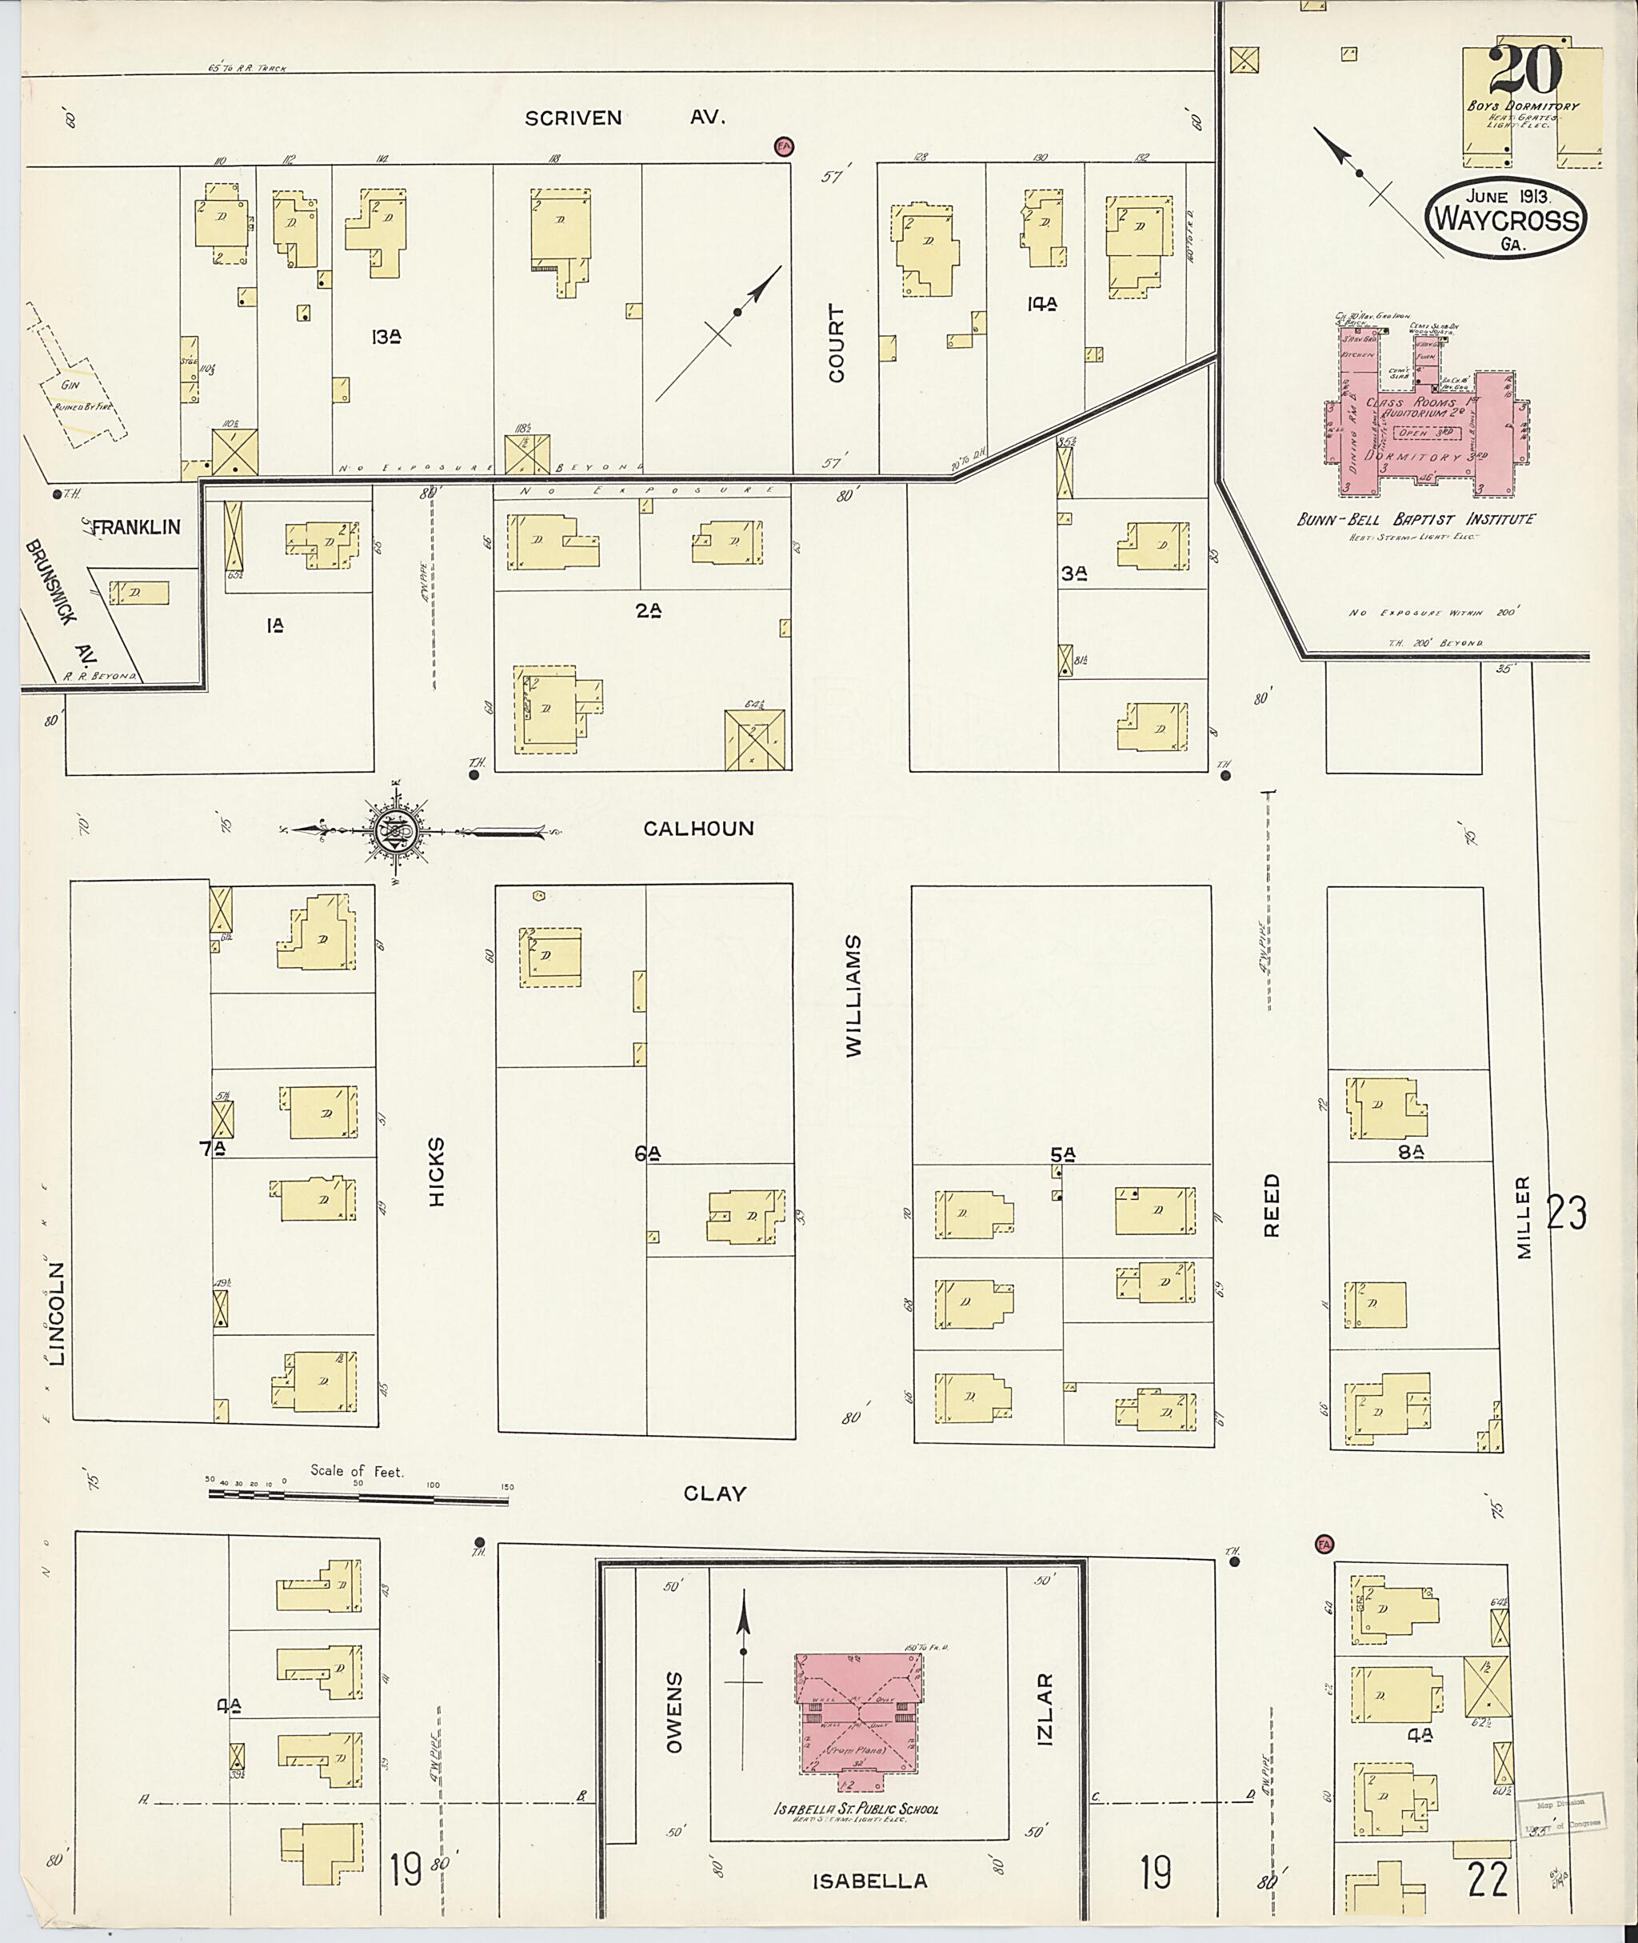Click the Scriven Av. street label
coord(624,118)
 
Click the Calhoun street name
coord(698,829)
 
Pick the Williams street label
coord(853,995)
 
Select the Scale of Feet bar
coord(360,1495)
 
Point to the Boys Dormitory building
coord(1532,107)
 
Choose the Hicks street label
coord(437,1171)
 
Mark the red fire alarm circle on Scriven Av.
coord(785,146)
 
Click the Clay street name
coord(714,1493)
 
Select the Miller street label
coord(1523,1217)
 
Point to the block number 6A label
coord(648,1153)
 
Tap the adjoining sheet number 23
coord(1567,1213)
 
